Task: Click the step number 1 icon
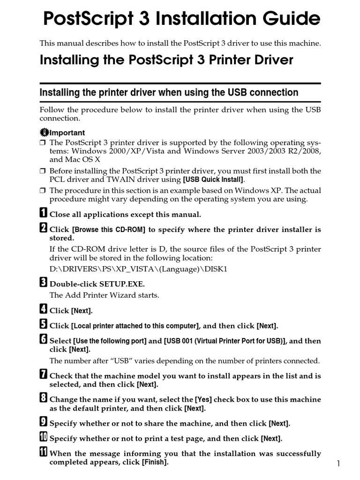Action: [x=43, y=213]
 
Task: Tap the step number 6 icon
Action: [x=43, y=340]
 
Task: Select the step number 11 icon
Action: [x=44, y=453]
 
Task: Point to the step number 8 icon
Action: [x=43, y=398]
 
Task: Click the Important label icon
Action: [x=44, y=132]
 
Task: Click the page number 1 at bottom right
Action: [x=338, y=464]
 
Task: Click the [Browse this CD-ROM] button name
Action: [x=109, y=230]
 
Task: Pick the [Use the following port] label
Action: [x=110, y=341]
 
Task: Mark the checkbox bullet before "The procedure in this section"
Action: [x=43, y=190]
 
